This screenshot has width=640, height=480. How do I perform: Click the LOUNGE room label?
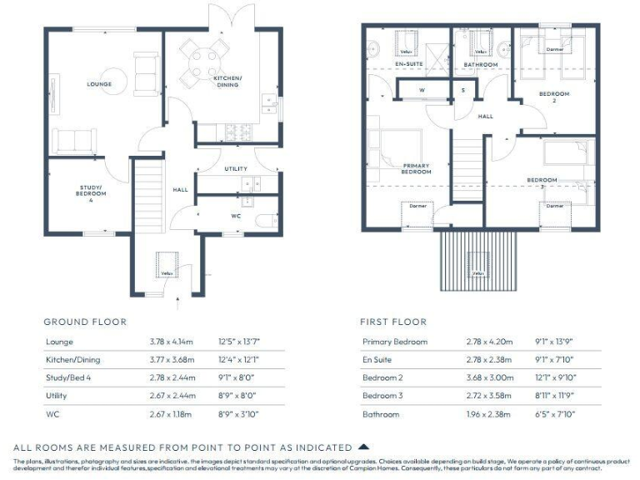tap(99, 84)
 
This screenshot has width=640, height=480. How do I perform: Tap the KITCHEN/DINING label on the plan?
tap(227, 81)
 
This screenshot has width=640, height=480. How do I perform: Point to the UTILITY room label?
tap(236, 169)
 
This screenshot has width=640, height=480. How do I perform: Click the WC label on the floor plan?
tap(236, 215)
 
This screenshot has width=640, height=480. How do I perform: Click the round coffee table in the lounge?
tap(116, 80)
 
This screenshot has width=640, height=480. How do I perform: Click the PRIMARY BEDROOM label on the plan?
tap(416, 169)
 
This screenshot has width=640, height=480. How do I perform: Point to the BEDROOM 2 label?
tap(554, 97)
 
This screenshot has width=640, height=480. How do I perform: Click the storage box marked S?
tap(463, 89)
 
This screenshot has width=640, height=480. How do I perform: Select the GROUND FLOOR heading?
tap(85, 322)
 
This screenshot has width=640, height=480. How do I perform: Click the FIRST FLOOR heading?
tap(392, 322)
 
